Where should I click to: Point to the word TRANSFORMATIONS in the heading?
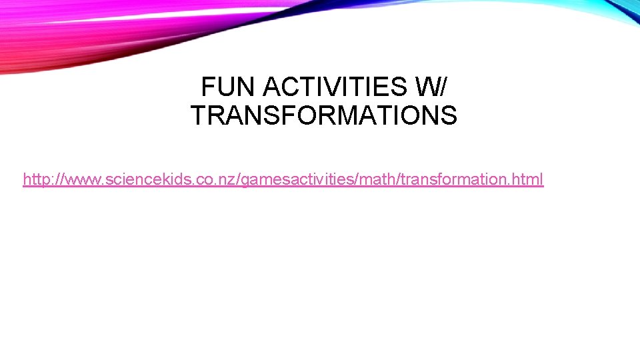324,115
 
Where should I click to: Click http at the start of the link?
36,179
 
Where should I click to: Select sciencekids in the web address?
137,179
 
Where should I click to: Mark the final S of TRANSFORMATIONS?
449,115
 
